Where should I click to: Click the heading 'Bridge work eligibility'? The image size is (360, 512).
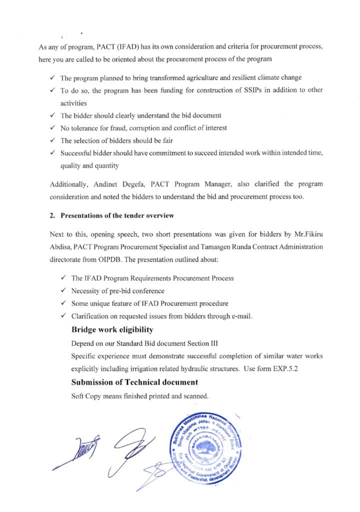(x=112, y=330)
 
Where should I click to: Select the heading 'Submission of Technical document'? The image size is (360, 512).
(x=134, y=382)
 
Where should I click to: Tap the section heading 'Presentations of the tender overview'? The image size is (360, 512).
(x=117, y=216)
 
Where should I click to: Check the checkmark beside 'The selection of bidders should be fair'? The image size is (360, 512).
(x=53, y=141)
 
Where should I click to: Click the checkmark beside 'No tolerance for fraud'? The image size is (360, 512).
(x=53, y=128)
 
